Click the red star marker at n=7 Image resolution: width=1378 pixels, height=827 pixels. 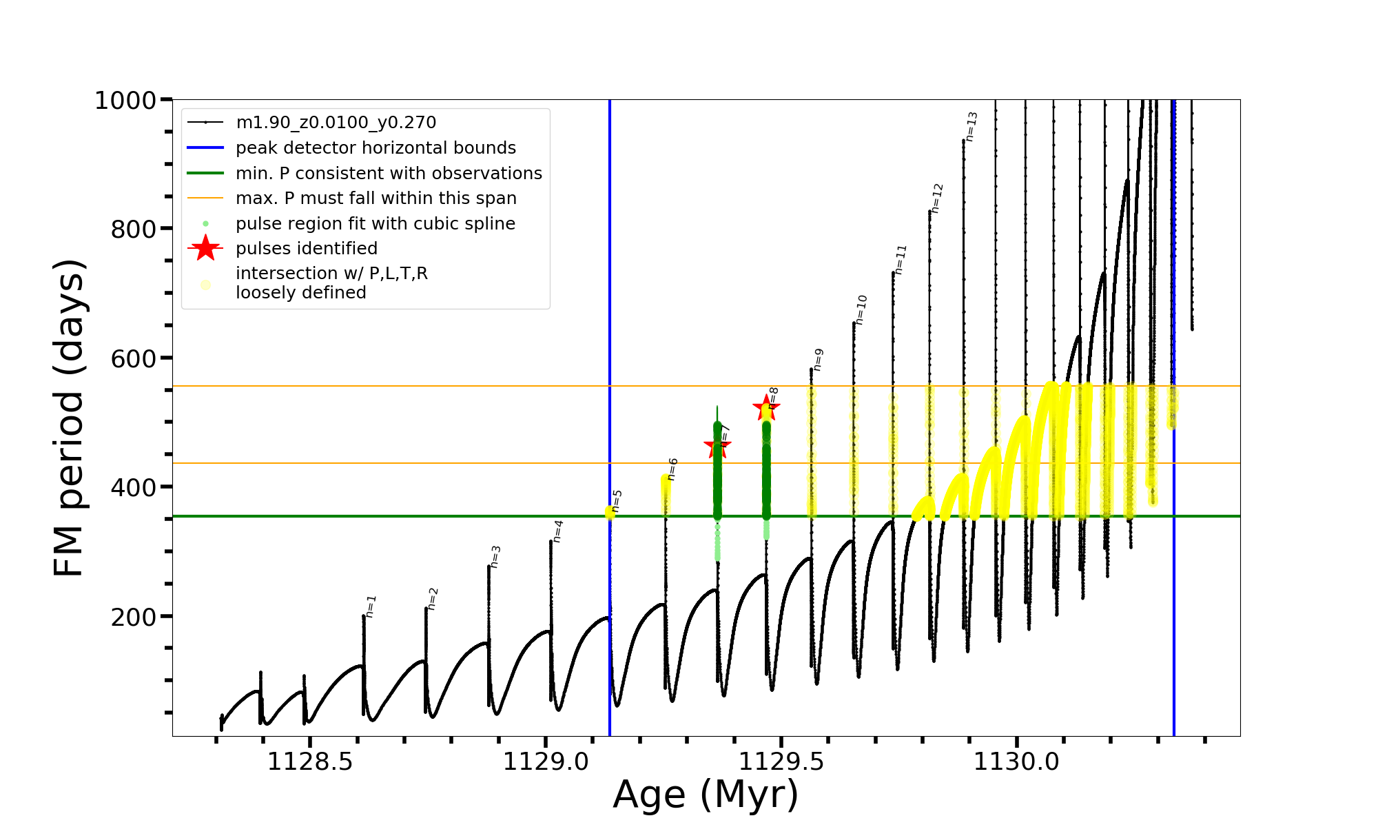717,445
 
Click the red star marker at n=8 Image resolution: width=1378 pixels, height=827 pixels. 766,408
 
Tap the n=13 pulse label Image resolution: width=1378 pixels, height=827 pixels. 971,127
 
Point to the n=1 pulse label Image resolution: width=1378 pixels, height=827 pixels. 371,606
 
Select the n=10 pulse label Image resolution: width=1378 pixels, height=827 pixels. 861,309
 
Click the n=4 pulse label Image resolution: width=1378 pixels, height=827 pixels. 558,531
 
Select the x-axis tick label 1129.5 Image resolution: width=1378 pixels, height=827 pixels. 781,762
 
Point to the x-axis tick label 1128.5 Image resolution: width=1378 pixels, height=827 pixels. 310,762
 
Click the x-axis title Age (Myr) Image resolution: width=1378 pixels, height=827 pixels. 706,795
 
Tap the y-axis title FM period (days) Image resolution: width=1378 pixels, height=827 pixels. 69,418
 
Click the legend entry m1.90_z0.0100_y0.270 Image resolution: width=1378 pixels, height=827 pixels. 336,123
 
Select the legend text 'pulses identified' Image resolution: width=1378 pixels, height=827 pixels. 307,248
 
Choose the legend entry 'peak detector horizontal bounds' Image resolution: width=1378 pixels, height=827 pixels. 376,148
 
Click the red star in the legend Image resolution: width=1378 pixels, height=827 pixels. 205,248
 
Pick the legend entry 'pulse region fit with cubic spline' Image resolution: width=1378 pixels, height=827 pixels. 376,224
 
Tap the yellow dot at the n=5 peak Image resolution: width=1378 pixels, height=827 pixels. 610,512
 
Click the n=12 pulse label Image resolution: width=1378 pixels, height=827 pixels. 937,198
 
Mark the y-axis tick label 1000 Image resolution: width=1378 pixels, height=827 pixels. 125,101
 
